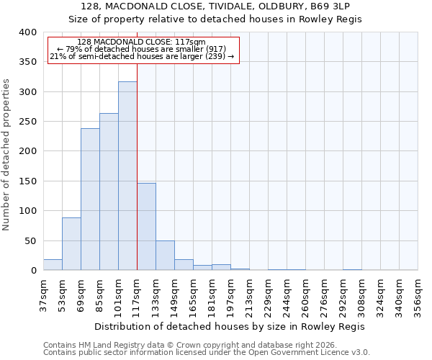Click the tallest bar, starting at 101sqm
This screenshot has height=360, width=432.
127,176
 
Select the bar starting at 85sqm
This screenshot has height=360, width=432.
109,192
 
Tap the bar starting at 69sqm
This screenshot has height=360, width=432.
90,199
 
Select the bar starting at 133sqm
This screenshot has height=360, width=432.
165,256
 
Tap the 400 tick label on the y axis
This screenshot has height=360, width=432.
27,32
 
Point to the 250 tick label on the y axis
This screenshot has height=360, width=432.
27,122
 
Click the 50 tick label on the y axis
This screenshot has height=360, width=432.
30,240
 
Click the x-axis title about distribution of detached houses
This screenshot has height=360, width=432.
230,326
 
